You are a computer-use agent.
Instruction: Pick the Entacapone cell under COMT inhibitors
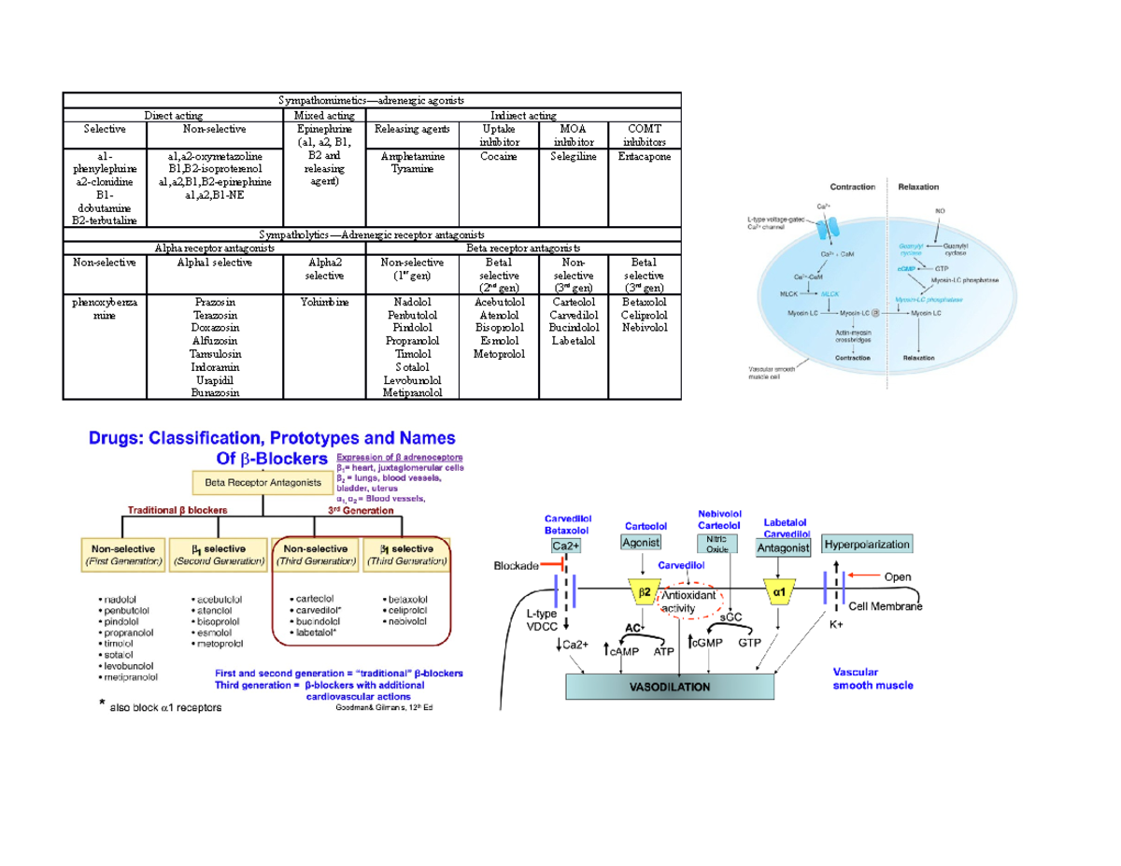[644, 157]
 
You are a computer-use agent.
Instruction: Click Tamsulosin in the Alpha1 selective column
[217, 355]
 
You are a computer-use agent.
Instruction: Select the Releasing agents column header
[412, 129]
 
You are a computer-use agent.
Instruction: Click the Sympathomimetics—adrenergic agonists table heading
[371, 100]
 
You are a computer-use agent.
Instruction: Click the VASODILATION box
[671, 686]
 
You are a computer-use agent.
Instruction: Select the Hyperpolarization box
[866, 544]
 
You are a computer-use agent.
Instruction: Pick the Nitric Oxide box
[717, 544]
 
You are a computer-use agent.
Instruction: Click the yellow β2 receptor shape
[645, 593]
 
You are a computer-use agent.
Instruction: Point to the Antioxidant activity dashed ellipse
[688, 602]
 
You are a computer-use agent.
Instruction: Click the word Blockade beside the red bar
[517, 565]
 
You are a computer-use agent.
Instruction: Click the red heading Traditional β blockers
[179, 509]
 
